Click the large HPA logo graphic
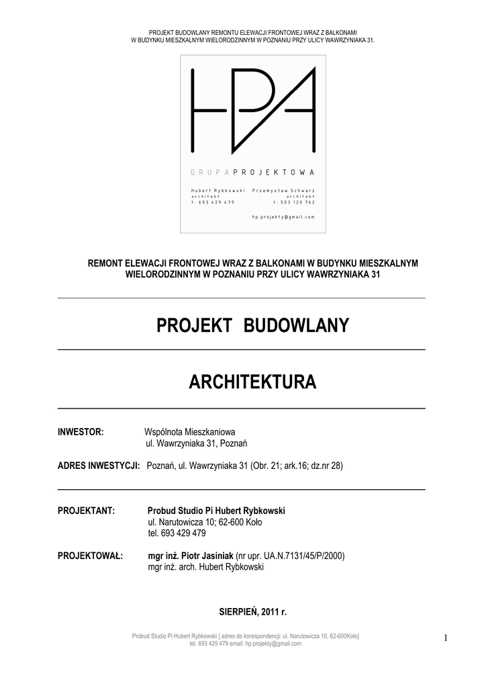253,109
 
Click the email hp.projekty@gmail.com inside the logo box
283,217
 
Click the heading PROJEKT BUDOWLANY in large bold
252,326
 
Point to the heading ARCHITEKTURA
252,383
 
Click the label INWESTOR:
81,431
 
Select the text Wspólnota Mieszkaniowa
190,431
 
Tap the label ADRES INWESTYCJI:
99,466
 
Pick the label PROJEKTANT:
87,511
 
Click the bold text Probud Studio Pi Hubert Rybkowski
216,511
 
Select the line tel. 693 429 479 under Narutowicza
177,533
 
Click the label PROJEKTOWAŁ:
90,556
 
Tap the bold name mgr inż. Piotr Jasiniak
191,556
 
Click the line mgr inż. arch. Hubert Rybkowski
205,567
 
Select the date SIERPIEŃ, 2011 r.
252,612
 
